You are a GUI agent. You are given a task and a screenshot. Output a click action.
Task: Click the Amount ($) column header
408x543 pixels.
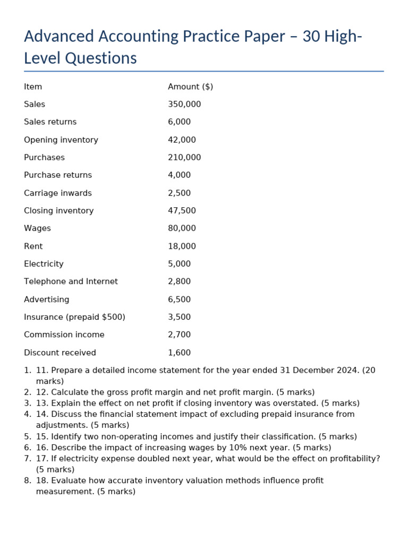[x=190, y=87]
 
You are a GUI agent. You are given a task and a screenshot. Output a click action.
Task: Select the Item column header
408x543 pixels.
[x=33, y=87]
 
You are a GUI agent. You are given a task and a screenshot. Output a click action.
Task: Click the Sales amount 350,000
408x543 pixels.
[x=184, y=104]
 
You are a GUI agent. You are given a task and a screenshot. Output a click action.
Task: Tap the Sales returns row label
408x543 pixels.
[x=50, y=122]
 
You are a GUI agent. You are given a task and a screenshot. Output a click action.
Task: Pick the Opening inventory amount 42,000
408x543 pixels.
[x=182, y=140]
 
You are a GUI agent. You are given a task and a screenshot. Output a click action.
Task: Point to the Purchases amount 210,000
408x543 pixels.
[x=184, y=157]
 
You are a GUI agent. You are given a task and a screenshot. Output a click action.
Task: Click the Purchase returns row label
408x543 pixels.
[x=58, y=175]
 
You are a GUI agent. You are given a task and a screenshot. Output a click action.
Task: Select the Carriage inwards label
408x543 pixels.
[x=58, y=193]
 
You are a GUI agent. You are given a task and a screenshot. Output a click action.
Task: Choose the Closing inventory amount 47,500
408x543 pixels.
[x=182, y=211]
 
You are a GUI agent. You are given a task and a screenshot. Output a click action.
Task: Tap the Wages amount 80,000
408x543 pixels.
[x=182, y=229]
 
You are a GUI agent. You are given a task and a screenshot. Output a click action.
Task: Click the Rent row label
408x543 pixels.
[x=33, y=246]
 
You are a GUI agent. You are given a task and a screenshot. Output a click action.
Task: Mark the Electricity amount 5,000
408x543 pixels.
[x=179, y=264]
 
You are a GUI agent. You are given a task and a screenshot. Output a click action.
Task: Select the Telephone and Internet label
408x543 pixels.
[x=71, y=282]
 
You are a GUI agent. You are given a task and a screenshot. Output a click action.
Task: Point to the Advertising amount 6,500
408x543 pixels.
[x=179, y=300]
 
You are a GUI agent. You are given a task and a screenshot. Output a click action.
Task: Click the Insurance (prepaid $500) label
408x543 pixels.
[x=74, y=317]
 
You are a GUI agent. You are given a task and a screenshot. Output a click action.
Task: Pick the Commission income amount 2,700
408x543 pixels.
[x=179, y=335]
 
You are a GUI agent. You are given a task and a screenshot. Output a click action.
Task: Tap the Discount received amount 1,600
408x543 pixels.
[x=179, y=353]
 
